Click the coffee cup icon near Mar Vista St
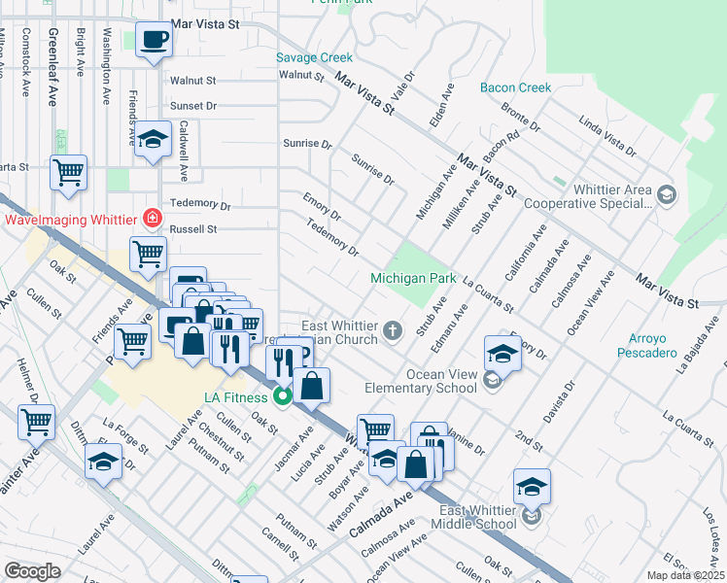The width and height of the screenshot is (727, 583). tap(154, 41)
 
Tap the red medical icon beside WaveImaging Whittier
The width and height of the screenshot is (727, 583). tap(152, 220)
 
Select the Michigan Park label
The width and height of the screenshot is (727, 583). tap(413, 279)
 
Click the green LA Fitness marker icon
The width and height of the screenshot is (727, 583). tap(283, 396)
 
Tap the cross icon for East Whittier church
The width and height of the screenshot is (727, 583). tap(393, 332)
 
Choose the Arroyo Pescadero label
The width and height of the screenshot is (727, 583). tap(646, 345)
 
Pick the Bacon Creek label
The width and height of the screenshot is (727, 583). tap(515, 87)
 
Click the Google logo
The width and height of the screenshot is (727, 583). tap(32, 571)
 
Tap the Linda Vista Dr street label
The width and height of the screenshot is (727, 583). tap(606, 137)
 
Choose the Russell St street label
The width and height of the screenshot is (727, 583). tap(192, 230)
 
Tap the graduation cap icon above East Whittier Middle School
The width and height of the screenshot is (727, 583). tap(532, 486)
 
